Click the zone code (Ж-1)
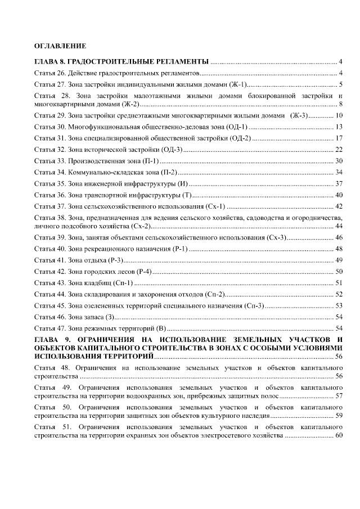pos(237,85)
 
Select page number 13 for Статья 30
pos(339,127)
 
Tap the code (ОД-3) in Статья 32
pos(172,150)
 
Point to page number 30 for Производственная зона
pos(339,161)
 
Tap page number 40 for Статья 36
pos(339,195)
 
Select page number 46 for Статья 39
pos(339,237)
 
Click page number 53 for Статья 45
pos(339,305)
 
